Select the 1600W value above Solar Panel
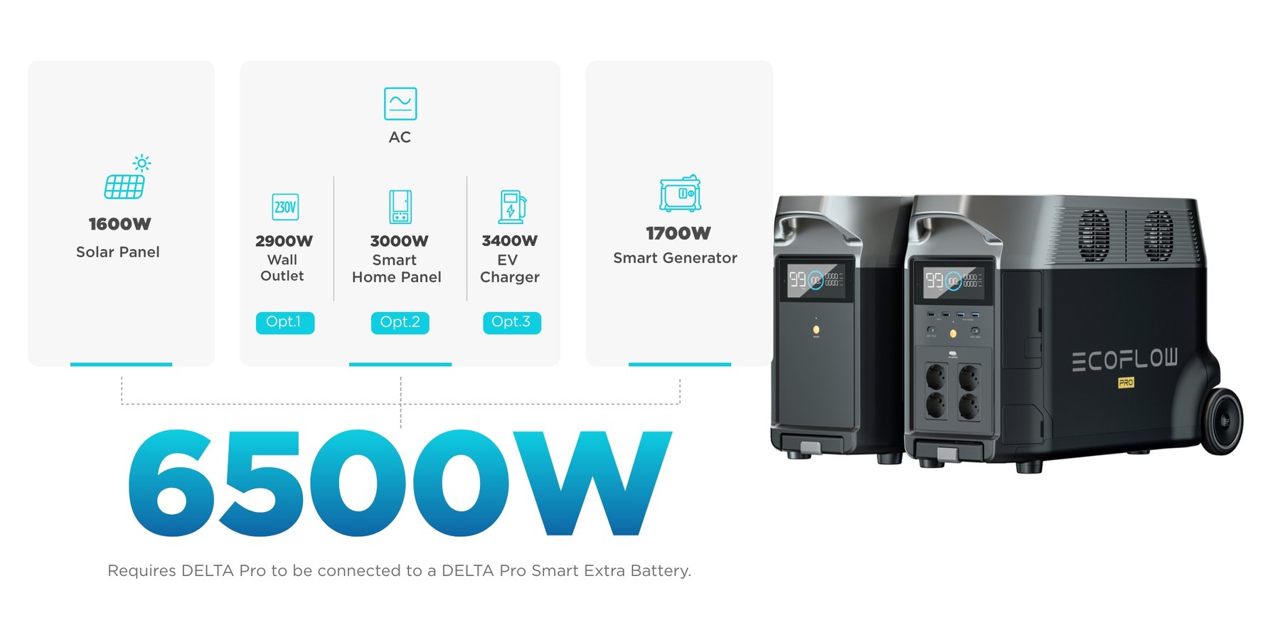[119, 224]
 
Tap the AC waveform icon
[400, 104]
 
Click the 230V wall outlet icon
[285, 207]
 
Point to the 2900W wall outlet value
[284, 241]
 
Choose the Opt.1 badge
[285, 322]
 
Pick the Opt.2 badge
[400, 322]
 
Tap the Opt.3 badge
[512, 322]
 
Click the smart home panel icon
[400, 207]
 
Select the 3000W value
[399, 241]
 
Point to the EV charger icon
[512, 207]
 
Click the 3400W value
[509, 241]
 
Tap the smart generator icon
[681, 193]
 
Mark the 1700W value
[678, 233]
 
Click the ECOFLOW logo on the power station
[1125, 360]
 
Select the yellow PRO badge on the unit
[1126, 383]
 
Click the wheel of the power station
[1222, 422]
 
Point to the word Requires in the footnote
[142, 571]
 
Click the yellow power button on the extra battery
[816, 330]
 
